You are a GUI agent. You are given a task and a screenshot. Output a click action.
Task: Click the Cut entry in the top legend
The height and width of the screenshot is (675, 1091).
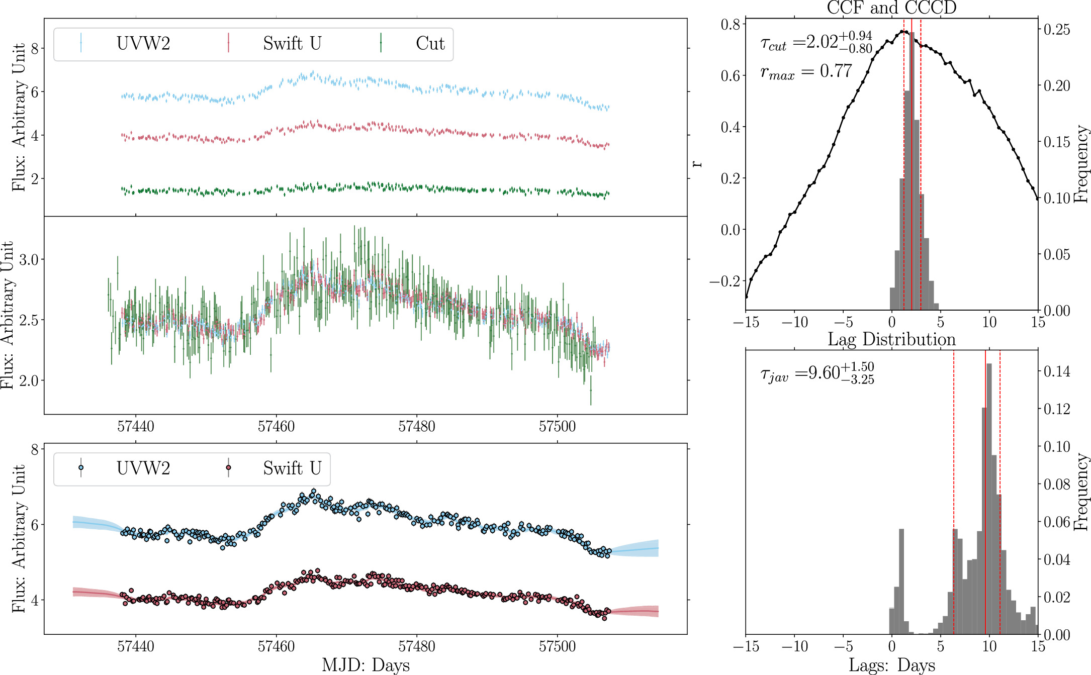(x=430, y=44)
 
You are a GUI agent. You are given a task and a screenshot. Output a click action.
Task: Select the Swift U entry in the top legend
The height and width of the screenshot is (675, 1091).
(x=292, y=44)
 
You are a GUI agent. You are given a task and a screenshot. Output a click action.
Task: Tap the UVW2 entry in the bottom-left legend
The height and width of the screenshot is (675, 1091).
(x=143, y=468)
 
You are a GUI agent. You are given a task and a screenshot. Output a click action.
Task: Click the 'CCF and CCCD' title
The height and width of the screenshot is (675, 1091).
(x=891, y=8)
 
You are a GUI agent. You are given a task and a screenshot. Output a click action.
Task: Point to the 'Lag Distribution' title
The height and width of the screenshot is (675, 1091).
(x=891, y=339)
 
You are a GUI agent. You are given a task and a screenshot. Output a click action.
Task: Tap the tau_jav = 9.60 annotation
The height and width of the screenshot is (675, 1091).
(x=816, y=373)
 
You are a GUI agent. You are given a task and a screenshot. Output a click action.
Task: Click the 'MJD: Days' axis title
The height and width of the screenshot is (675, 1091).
(x=366, y=665)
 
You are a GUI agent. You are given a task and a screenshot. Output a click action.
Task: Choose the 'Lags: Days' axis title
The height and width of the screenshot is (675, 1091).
(x=891, y=665)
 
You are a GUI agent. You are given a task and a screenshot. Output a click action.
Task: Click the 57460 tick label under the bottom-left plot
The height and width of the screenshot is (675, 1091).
(x=276, y=646)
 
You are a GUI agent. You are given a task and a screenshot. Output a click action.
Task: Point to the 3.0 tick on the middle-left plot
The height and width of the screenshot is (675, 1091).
(x=29, y=260)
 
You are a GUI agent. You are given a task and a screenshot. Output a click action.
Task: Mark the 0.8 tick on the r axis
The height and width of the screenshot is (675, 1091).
(x=730, y=24)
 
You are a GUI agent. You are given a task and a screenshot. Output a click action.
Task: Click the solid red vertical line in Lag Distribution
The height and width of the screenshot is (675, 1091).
(x=985, y=503)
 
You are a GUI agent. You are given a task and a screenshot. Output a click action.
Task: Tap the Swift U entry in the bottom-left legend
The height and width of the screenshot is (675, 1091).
(x=292, y=468)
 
